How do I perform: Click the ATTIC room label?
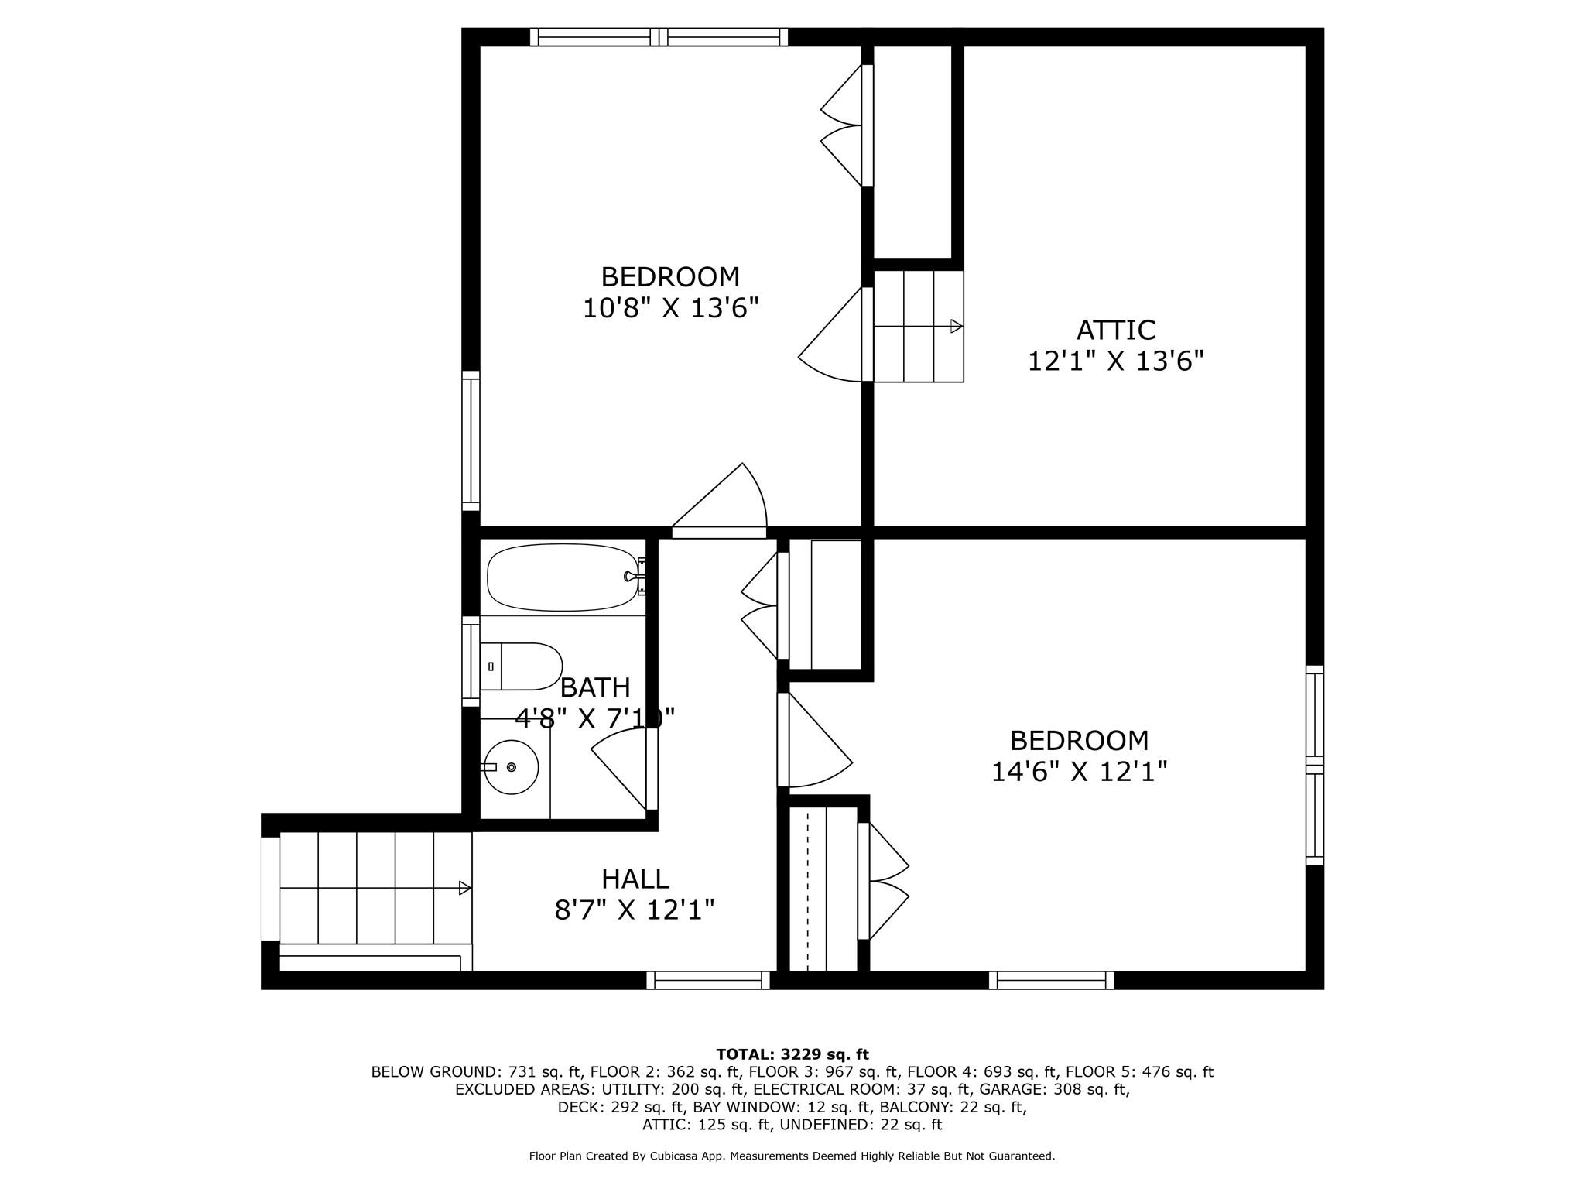[1115, 331]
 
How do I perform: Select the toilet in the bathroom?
[520, 666]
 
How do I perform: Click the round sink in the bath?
[510, 767]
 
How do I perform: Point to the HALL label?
[635, 879]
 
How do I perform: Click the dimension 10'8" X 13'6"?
[670, 308]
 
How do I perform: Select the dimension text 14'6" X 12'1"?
[1079, 772]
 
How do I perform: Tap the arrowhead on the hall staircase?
[465, 888]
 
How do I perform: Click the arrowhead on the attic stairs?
[957, 326]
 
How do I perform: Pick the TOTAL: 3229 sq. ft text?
[792, 1054]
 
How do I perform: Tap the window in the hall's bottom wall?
[708, 980]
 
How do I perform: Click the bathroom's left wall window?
[471, 661]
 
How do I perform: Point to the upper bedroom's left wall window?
[471, 440]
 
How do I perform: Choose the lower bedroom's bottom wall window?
[1051, 980]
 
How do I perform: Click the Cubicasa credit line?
[792, 1156]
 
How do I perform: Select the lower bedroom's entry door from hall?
[815, 740]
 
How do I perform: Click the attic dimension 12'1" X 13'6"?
[1116, 361]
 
